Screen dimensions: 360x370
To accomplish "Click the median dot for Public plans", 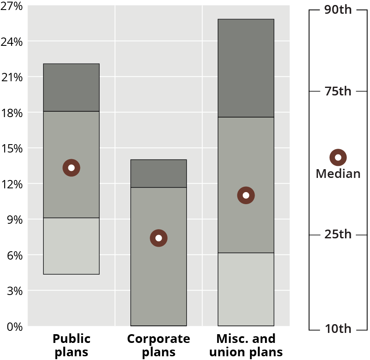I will pos(71,168).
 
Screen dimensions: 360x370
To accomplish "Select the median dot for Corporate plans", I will pos(159,238).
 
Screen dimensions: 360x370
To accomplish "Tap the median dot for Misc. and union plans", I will pos(246,195).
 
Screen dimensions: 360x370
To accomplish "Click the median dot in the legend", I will pos(338,157).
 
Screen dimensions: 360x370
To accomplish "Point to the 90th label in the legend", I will pos(338,10).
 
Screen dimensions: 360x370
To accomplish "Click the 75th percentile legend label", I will pos(338,91).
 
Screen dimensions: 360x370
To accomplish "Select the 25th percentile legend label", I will pos(338,235).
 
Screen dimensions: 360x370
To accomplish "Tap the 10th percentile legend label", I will pos(338,329).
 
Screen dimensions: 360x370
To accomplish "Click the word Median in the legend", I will pos(338,173).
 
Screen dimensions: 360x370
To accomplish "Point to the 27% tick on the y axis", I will pos(12,6).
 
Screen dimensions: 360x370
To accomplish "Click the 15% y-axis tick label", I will pos(12,148).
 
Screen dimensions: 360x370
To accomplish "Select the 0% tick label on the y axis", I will pos(14,326).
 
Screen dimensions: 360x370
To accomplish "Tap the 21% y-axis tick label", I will pos(12,77).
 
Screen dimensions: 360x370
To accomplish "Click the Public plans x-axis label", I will pos(71,345).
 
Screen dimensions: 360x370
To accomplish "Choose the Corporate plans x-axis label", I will pos(159,345).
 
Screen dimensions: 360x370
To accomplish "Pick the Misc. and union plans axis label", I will pos(246,345).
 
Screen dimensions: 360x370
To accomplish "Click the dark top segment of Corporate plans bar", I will pos(159,173).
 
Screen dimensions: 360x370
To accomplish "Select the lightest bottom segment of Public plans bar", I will pos(71,246).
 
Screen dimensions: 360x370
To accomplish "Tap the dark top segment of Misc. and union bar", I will pos(246,68).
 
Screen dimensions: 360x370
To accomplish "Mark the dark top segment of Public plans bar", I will pos(71,87).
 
